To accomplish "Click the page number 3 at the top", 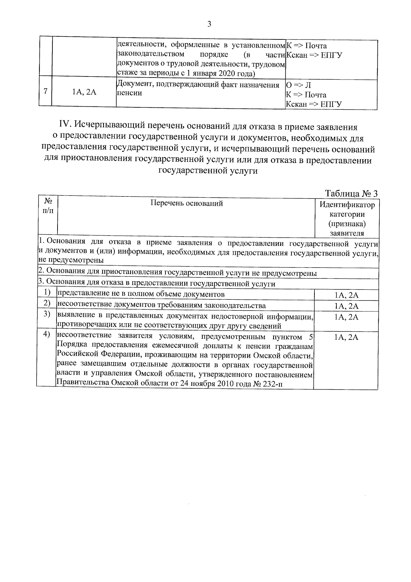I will coord(209,24).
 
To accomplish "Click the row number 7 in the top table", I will coord(45,92).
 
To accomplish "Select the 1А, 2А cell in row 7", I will coord(84,92).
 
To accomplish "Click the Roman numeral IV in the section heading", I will coord(65,127).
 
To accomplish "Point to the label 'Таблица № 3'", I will coord(351,194).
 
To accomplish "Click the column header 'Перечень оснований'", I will coord(187,203).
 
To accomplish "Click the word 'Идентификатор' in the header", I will coord(347,205).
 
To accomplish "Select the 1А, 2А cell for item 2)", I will coord(346,306).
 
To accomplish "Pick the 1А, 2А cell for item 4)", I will coord(346,337).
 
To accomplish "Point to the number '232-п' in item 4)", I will coord(273,384).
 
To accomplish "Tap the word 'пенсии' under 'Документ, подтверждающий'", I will coord(129,93).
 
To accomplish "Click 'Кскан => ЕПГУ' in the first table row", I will coord(314,55).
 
